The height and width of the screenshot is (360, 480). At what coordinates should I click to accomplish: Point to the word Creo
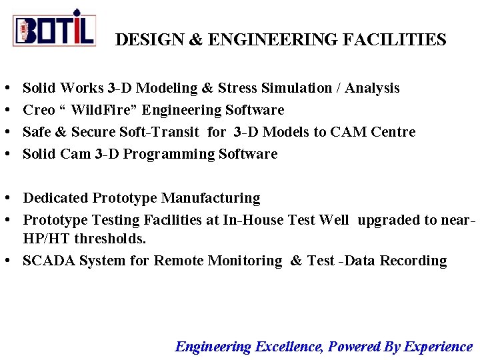click(39, 110)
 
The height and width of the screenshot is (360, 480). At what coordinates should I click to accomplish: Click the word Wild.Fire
click(103, 110)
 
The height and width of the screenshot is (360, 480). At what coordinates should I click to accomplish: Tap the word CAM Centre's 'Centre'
click(393, 132)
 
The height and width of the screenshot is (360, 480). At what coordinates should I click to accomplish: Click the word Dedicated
click(56, 198)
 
